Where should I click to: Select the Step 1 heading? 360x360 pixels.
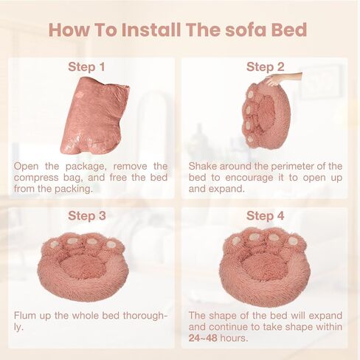[86, 67]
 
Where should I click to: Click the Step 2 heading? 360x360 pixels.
[266, 67]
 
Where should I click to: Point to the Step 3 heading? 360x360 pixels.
[87, 215]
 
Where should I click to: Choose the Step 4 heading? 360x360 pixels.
[266, 215]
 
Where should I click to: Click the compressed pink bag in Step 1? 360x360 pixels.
[94, 116]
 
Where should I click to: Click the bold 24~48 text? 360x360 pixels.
[203, 338]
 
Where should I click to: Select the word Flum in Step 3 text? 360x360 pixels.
[25, 316]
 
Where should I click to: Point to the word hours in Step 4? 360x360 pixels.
[234, 338]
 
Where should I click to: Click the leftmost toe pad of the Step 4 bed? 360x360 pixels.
[235, 240]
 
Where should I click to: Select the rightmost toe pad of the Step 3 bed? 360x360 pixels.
[111, 244]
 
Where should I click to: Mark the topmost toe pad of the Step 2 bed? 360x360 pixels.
[250, 94]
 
